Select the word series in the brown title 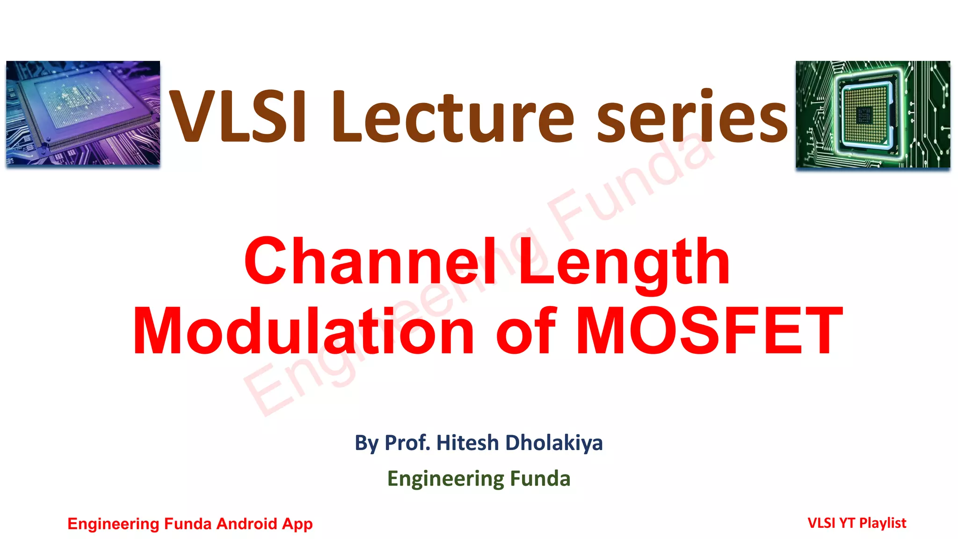click(x=692, y=117)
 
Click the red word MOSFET click(x=709, y=331)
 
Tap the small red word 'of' click(x=526, y=331)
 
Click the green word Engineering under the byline click(x=445, y=479)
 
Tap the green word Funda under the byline click(x=540, y=479)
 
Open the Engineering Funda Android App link click(x=190, y=524)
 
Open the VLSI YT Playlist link click(x=856, y=523)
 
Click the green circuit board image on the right click(x=872, y=114)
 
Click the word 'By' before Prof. click(x=367, y=443)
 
